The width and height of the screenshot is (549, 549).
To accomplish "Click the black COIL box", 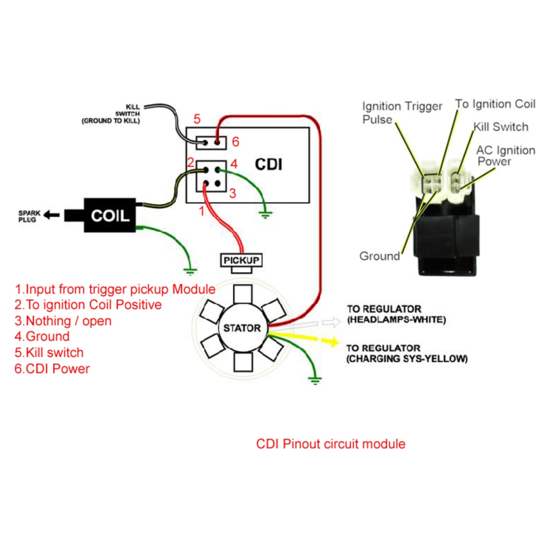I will pos(110,215).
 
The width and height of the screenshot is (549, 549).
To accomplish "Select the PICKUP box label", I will pos(241,260).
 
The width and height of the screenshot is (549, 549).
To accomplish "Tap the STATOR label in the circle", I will pos(242,328).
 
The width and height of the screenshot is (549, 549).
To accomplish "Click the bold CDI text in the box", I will pos(269,165).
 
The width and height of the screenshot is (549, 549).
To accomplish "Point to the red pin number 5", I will pos(197,119).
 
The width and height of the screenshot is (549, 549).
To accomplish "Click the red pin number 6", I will pos(236,142).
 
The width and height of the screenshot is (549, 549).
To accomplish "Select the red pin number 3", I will pos(233,193).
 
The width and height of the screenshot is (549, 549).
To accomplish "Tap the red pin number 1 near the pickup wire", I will pos(202,211).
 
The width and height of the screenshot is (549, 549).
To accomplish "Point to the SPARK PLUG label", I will pos(29,216).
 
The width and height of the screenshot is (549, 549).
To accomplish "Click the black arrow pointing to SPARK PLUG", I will pos(52,215).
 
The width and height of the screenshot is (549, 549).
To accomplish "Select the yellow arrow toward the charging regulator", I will pos(330,341).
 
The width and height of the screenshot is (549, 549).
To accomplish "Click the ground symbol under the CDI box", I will pos(265,215).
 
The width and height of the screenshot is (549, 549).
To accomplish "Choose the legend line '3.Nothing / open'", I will pos(63,321).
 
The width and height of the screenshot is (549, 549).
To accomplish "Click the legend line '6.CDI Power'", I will pos(52,369).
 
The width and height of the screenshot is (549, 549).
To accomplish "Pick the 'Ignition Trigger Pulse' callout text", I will pos(402,112).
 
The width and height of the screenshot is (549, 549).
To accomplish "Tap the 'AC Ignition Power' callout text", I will pos(505,156).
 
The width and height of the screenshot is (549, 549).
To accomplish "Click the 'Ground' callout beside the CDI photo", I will pos(380,256).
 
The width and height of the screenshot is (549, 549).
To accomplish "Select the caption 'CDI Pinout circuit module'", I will pos(331,444).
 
